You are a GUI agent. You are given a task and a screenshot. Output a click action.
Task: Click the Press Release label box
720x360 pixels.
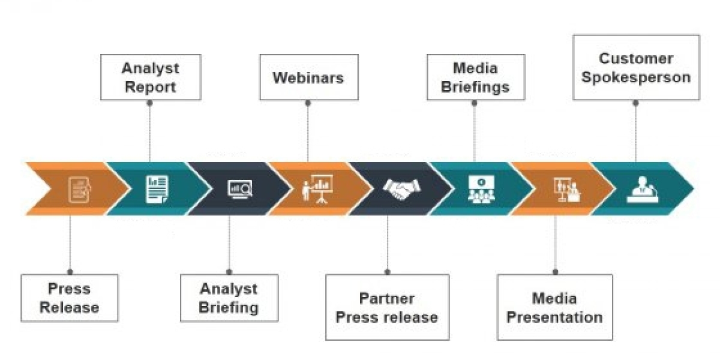click(70, 298)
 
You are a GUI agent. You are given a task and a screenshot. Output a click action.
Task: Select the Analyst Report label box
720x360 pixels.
click(149, 77)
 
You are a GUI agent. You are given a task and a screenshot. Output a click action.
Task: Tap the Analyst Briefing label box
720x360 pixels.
click(229, 298)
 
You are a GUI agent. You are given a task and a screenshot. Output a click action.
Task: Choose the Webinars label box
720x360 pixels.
click(308, 77)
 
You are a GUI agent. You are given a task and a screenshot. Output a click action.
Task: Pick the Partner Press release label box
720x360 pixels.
click(387, 307)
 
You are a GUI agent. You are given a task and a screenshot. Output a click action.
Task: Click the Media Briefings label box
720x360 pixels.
click(475, 77)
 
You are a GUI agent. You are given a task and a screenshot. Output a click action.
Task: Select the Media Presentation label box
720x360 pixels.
click(555, 307)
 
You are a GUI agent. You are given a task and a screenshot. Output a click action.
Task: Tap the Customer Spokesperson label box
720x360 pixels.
click(636, 67)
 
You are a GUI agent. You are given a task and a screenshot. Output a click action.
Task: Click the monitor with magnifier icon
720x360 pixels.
click(240, 189)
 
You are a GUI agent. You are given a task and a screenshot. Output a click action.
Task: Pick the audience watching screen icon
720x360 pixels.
click(481, 189)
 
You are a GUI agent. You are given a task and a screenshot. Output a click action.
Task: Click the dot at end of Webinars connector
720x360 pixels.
click(308, 103)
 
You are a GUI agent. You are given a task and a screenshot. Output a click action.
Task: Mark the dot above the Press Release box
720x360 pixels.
click(70, 271)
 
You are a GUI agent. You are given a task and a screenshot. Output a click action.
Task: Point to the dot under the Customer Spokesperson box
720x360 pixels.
click(636, 103)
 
